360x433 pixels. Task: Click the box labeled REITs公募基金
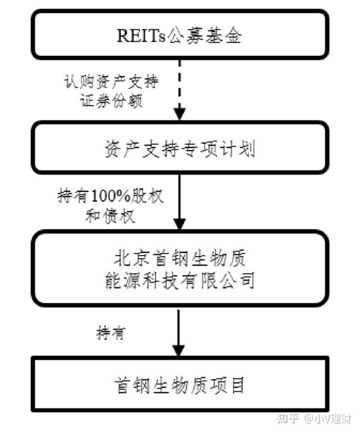pos(179,36)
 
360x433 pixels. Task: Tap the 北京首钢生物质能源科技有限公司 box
pos(179,268)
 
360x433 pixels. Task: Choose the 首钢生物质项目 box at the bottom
pos(179,384)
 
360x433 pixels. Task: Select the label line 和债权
pos(110,217)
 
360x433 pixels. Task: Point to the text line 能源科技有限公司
pos(179,279)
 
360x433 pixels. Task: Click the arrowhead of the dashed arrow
pos(179,112)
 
